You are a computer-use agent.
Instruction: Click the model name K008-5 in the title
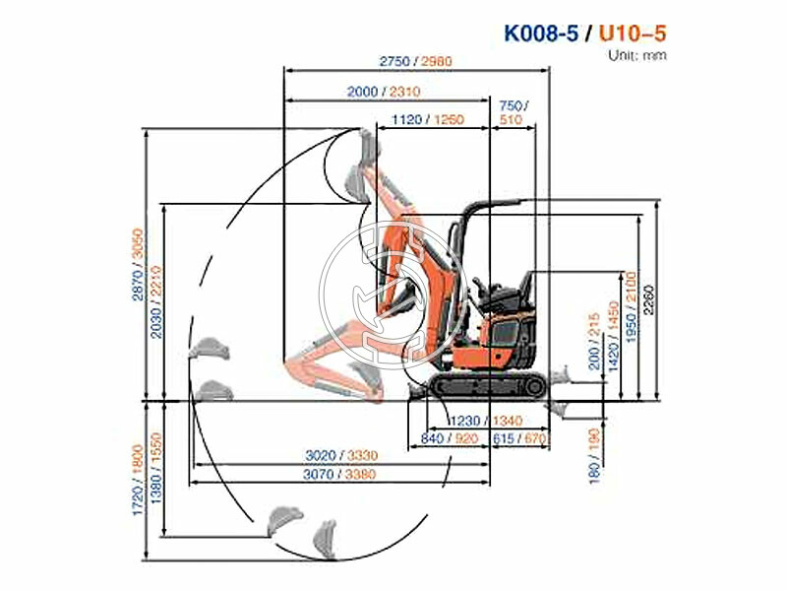[541, 32]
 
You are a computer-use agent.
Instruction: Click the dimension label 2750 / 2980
[416, 61]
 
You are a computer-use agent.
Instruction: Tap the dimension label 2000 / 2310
[384, 92]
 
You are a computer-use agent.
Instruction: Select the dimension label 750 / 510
[513, 113]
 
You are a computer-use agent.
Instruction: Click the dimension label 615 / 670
[520, 438]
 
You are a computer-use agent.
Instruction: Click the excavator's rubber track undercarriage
[487, 385]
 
